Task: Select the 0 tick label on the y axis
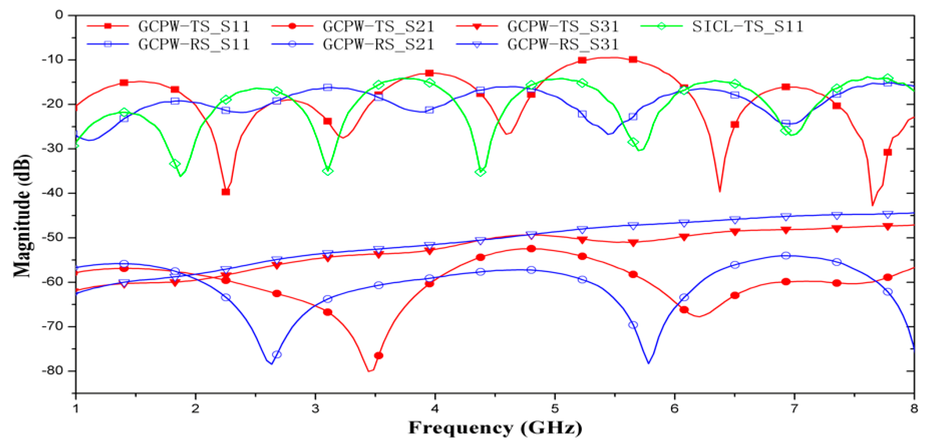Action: (x=59, y=15)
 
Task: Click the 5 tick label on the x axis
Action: (x=555, y=409)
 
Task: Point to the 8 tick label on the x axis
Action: (x=914, y=409)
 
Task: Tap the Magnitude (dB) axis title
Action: (x=22, y=216)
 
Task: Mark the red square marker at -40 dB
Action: (x=226, y=192)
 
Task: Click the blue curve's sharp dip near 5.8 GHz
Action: (x=649, y=363)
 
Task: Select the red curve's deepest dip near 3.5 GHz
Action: (x=370, y=371)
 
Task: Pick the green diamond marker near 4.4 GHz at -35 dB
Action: (x=481, y=172)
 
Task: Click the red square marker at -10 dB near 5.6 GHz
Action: (x=633, y=60)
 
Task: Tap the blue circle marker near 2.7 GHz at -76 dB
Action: (x=277, y=355)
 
